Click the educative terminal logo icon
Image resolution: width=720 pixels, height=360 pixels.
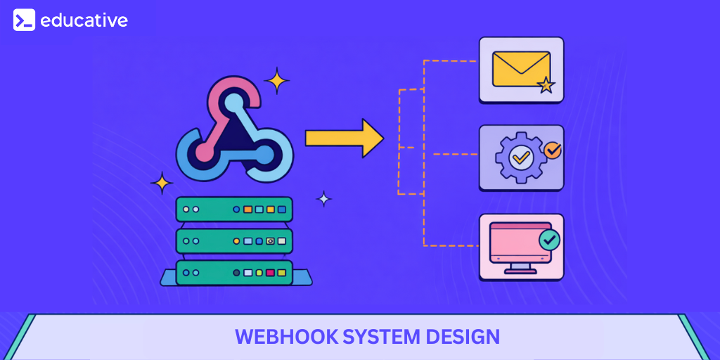pos(24,20)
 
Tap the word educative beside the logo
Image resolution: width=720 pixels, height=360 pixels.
pos(84,20)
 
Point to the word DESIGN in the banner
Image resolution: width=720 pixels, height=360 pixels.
pos(464,337)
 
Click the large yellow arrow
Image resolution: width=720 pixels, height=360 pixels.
pos(345,138)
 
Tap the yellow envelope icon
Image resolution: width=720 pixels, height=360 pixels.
pos(521,69)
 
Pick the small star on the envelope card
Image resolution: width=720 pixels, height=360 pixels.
pos(546,86)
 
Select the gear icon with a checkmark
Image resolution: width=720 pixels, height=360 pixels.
pos(520,157)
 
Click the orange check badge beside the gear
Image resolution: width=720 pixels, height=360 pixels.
pos(553,149)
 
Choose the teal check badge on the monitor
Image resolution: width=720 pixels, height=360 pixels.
pos(549,240)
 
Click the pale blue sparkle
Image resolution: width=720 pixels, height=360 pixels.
pos(323,199)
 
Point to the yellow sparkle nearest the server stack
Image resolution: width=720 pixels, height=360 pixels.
pos(162,184)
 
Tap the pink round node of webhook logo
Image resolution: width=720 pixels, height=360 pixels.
pos(204,150)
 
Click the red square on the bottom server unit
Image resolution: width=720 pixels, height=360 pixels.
pos(271,272)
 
